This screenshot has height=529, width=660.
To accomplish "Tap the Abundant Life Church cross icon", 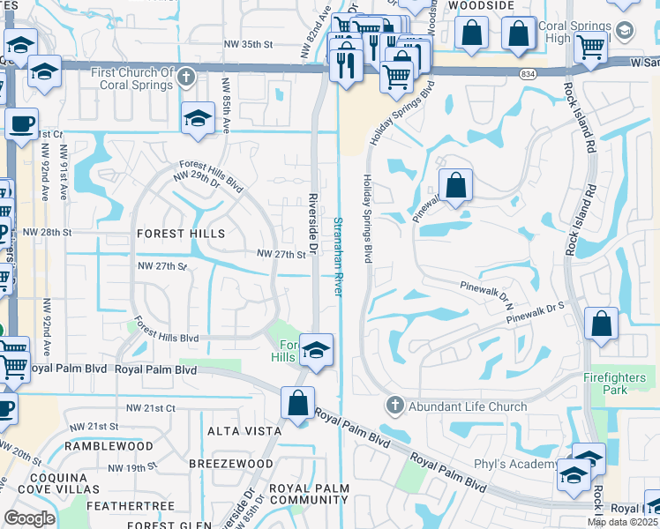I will click(x=394, y=406).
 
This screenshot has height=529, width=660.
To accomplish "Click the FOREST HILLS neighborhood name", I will click(x=181, y=234).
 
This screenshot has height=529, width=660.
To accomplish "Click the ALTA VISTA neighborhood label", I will click(x=244, y=431).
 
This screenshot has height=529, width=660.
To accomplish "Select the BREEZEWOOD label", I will click(x=231, y=464).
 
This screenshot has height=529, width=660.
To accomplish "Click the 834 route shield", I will click(x=528, y=73).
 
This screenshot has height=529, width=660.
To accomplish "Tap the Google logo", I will click(x=28, y=518).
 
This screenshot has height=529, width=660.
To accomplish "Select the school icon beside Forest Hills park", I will click(x=315, y=352).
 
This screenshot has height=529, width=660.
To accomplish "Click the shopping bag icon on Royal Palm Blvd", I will click(x=298, y=404).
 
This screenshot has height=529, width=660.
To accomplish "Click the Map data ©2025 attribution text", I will click(x=621, y=522).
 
